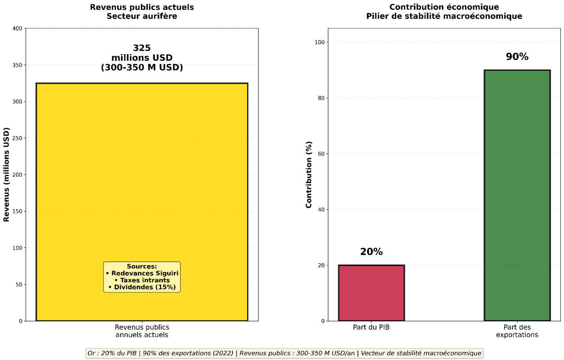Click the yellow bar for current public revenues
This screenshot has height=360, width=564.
coord(142,178)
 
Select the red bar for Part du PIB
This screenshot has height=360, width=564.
coord(371,293)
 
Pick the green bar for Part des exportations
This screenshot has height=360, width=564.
coord(517,195)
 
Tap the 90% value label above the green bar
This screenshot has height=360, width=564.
coord(517,57)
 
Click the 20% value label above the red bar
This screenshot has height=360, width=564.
coord(371,252)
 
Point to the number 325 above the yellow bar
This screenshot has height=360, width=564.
coord(142,48)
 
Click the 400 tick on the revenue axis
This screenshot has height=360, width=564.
coord(17,28)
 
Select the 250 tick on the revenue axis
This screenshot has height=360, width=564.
coord(17,138)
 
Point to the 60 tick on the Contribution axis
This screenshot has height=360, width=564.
coord(321,154)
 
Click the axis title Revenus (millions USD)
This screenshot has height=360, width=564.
coord(6,174)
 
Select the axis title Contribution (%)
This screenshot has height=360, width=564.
coord(309,174)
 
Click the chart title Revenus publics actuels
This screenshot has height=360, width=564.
coord(142,7)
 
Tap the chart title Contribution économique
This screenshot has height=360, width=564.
coord(444,7)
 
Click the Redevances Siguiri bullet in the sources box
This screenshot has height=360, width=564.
coord(142,273)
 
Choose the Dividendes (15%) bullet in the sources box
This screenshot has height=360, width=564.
coord(142,287)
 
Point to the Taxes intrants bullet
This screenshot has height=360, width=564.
coord(142,280)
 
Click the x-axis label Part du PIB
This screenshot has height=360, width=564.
coord(371,327)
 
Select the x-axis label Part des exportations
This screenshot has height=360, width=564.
coord(517,331)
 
